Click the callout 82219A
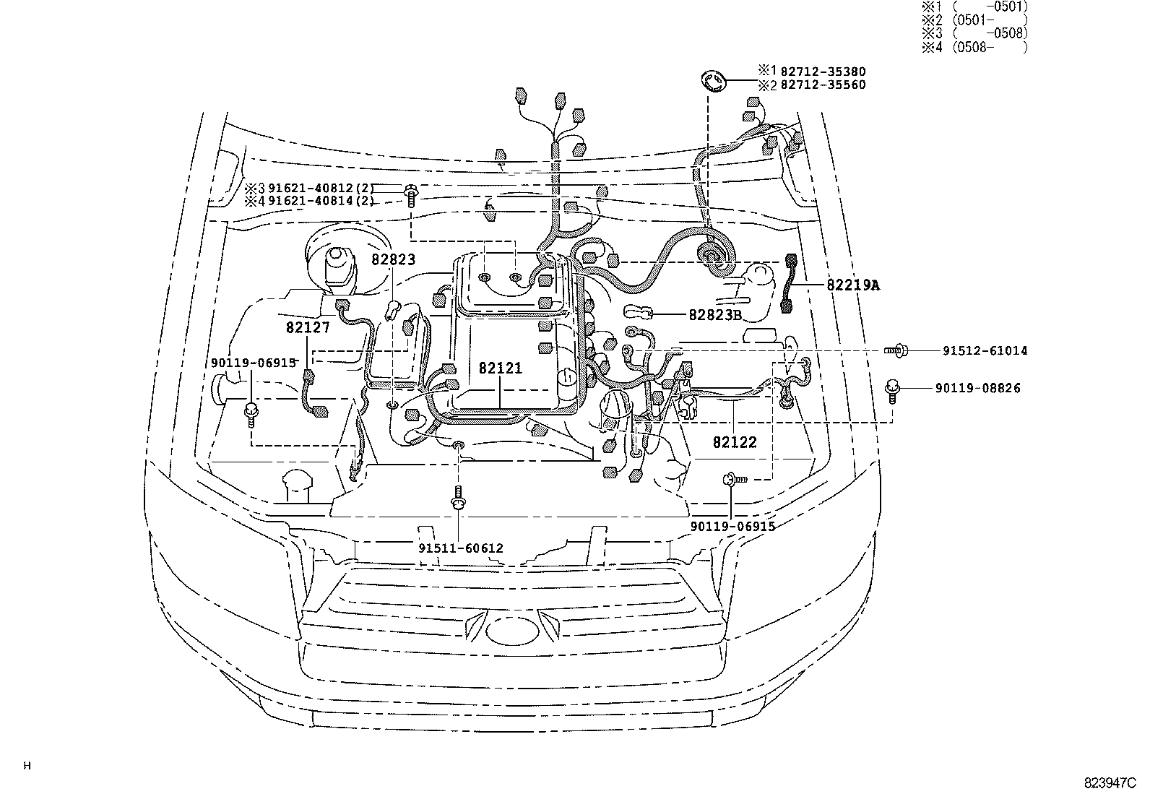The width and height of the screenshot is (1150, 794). [854, 285]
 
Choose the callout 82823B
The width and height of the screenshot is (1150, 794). [715, 314]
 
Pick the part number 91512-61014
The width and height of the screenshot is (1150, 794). [985, 351]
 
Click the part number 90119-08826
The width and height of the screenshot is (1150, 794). [977, 388]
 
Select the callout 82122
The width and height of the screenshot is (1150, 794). [735, 442]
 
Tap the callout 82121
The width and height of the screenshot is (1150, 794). [500, 368]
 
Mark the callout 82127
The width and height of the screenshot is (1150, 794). [308, 327]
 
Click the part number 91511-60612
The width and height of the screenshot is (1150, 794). [461, 548]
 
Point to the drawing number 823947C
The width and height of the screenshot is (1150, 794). [1110, 782]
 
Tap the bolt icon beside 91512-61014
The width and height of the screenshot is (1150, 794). [896, 350]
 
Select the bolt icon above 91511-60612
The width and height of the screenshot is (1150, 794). [458, 499]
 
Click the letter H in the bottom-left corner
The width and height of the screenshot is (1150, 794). [27, 767]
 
